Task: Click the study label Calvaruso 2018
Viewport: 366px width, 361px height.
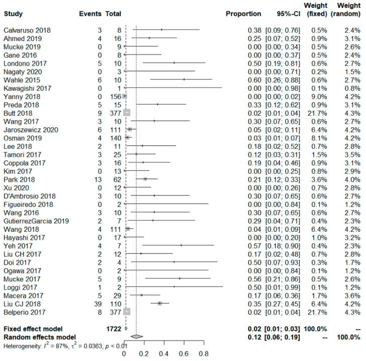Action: pyautogui.click(x=24, y=30)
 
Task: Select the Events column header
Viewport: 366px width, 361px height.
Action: pyautogui.click(x=90, y=14)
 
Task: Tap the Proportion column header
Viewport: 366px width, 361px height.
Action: pyautogui.click(x=243, y=14)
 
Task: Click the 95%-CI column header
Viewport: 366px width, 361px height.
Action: pyautogui.click(x=286, y=14)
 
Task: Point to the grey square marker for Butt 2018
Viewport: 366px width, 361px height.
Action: pyautogui.click(x=127, y=113)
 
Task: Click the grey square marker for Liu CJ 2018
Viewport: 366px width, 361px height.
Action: pyautogui.click(x=159, y=303)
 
